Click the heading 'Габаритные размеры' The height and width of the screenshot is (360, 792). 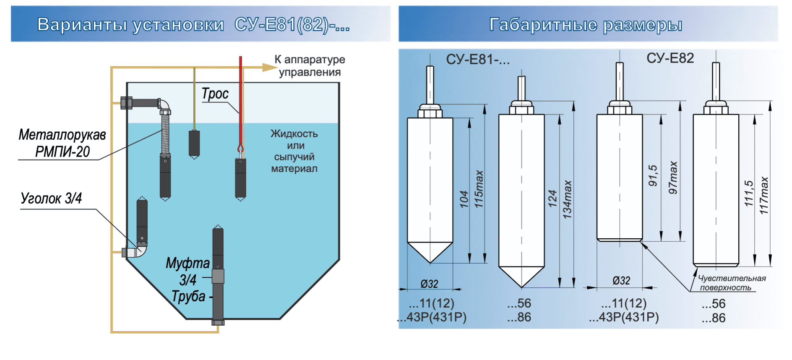tap(586, 25)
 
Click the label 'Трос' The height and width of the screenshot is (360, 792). tap(215, 94)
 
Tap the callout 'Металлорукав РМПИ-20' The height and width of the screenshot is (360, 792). tap(62, 143)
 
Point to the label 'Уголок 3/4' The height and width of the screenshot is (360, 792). tap(51, 198)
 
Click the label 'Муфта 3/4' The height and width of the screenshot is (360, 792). tap(188, 271)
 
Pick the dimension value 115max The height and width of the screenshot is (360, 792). tap(479, 189)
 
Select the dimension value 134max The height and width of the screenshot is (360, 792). tap(567, 199)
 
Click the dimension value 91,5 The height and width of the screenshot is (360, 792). tap(653, 175)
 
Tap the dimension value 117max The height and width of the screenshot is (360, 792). tap(764, 195)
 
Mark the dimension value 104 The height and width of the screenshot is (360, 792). tap(464, 199)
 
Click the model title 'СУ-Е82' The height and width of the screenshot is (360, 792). tap(670, 58)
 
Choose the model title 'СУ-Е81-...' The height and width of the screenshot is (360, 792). tap(477, 60)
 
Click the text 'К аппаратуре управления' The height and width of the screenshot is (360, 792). tap(310, 65)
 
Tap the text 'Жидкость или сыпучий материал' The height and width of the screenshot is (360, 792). tap(294, 151)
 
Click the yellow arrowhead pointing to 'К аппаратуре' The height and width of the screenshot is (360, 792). tap(268, 67)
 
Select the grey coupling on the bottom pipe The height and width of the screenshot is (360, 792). tap(218, 276)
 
